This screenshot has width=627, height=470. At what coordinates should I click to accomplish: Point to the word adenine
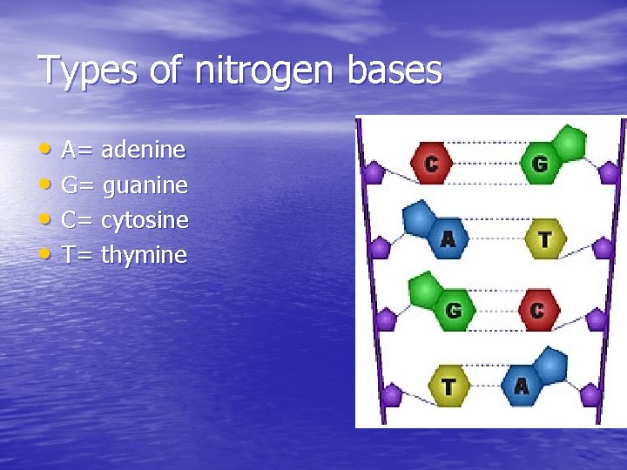(143, 151)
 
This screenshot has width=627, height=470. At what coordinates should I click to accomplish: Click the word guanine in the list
(145, 185)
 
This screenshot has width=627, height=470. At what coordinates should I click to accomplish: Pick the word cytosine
(145, 220)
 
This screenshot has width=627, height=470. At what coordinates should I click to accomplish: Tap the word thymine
(144, 255)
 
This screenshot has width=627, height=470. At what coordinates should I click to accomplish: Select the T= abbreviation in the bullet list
(78, 255)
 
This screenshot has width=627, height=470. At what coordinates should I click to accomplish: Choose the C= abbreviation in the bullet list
(78, 220)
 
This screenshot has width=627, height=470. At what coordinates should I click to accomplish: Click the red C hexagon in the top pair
(431, 163)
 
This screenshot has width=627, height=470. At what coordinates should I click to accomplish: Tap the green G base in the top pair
(540, 163)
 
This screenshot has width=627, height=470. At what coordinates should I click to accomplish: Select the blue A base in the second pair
(447, 237)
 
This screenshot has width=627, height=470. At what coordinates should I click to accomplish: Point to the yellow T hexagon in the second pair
(545, 238)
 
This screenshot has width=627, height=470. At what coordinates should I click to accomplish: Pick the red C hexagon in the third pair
(536, 310)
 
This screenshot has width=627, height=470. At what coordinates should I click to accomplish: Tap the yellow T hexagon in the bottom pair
(448, 385)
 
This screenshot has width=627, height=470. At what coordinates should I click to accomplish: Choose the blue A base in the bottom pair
(522, 385)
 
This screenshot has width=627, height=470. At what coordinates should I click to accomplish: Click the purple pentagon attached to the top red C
(374, 172)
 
